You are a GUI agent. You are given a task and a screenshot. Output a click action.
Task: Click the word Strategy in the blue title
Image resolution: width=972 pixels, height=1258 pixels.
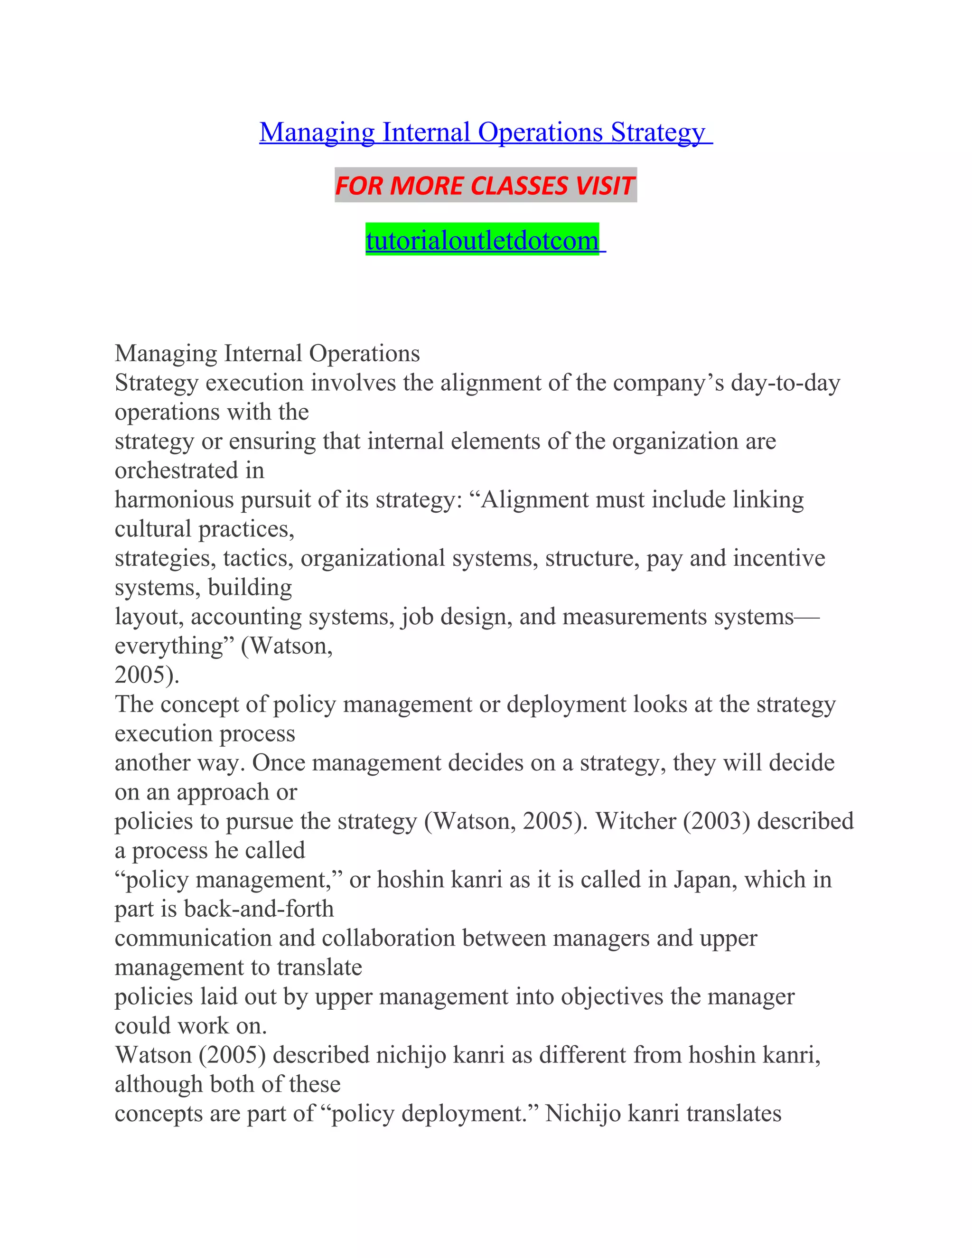point(658,132)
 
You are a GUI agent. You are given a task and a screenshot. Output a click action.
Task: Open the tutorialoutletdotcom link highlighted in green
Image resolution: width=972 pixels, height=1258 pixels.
point(482,240)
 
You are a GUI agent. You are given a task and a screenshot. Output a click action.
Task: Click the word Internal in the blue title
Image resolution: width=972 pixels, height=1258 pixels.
point(426,132)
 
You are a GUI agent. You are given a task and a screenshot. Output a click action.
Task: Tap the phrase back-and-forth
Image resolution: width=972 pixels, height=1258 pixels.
point(259,909)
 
